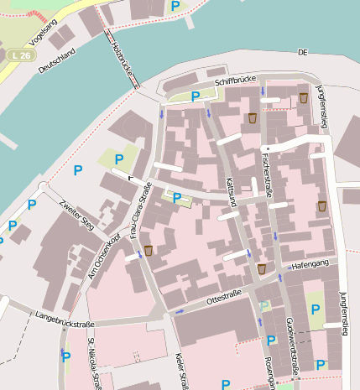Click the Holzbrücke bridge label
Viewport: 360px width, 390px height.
[x=123, y=56]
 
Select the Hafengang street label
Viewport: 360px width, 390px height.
[x=310, y=265]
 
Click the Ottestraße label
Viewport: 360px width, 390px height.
[x=224, y=295]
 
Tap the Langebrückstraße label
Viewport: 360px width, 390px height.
[x=64, y=320]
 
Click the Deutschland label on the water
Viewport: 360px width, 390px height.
[x=56, y=62]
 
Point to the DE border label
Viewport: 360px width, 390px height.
[x=302, y=52]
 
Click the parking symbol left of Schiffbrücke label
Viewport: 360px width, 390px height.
[x=196, y=96]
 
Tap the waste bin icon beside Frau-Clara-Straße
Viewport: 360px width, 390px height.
[x=149, y=250]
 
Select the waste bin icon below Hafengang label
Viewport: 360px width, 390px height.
[x=262, y=268]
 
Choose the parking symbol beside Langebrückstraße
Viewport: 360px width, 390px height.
[x=66, y=356]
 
